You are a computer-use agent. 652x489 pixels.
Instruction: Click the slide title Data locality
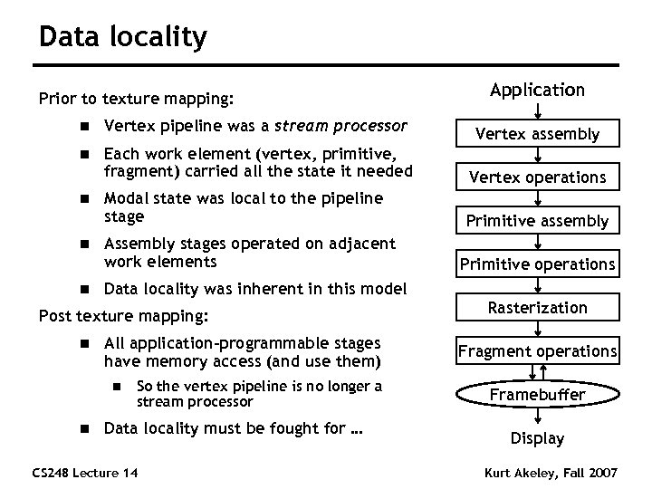tap(123, 37)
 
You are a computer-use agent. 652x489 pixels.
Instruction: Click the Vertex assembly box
tap(537, 134)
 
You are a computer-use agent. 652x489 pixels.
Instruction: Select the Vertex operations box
tap(537, 177)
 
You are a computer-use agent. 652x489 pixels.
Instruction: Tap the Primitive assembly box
tap(537, 221)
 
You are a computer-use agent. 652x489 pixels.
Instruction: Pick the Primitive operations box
tap(537, 264)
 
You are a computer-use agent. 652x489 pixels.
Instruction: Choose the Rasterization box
tap(537, 308)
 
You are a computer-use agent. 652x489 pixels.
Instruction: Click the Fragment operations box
tap(537, 351)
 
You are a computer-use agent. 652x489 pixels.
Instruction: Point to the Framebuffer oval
tap(537, 395)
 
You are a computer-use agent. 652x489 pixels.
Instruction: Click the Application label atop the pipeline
tap(537, 90)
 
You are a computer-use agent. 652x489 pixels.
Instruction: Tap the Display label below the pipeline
tap(537, 438)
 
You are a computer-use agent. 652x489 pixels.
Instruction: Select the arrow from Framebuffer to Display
tap(537, 417)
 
